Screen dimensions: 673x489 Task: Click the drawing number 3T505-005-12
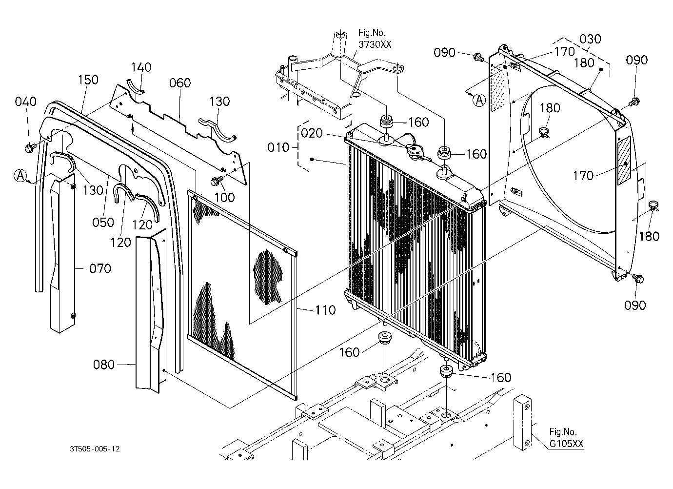[95, 449]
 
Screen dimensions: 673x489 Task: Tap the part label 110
[325, 310]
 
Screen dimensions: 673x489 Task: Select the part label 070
[100, 268]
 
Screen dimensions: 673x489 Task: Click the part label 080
[104, 365]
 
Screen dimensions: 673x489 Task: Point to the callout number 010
[278, 148]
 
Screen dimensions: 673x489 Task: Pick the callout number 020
[312, 133]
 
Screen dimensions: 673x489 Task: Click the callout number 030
[590, 39]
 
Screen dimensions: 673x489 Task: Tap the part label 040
[25, 102]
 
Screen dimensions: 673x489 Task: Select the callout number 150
[88, 80]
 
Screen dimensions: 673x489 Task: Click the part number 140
[141, 67]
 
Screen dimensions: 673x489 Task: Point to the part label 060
[179, 83]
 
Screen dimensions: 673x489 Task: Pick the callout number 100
[225, 198]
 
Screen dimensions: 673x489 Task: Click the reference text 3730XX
[375, 45]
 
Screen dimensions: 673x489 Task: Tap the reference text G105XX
[566, 444]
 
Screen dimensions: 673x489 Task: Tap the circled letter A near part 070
[20, 176]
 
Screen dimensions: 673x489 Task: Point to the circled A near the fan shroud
[479, 100]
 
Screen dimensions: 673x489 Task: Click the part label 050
[103, 223]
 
